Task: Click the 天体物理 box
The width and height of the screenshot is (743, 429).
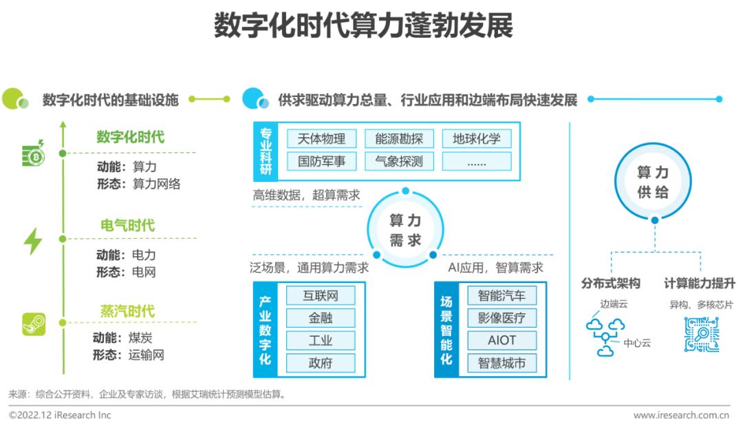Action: [x=321, y=138]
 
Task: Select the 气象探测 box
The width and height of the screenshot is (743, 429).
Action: [x=399, y=162]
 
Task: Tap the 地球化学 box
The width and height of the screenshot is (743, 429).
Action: [x=476, y=138]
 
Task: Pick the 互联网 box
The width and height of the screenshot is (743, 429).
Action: [x=321, y=296]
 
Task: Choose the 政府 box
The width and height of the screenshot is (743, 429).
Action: [x=321, y=363]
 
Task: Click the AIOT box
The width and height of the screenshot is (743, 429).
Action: [x=501, y=340]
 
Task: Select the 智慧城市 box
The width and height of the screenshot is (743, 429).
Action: [x=501, y=363]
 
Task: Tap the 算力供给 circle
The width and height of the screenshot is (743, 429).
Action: [x=653, y=182]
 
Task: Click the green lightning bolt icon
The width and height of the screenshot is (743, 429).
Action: [x=32, y=241]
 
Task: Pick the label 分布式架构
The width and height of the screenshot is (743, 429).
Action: [x=610, y=284]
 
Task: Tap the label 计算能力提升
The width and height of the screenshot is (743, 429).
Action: [x=699, y=284]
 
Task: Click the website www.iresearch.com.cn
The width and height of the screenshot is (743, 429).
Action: [x=681, y=415]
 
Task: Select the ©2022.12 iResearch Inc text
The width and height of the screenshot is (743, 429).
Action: [x=60, y=415]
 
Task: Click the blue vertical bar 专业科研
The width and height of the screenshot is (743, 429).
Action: [x=266, y=150]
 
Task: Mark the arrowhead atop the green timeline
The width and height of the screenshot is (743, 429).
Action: [x=63, y=126]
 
